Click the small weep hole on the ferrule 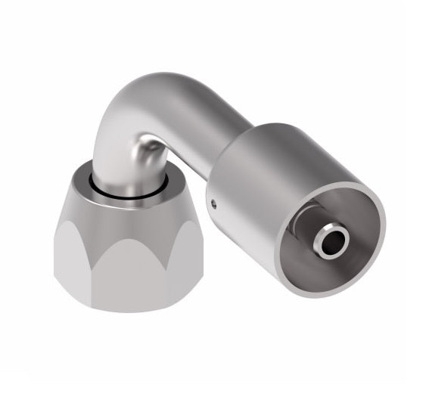214,202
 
